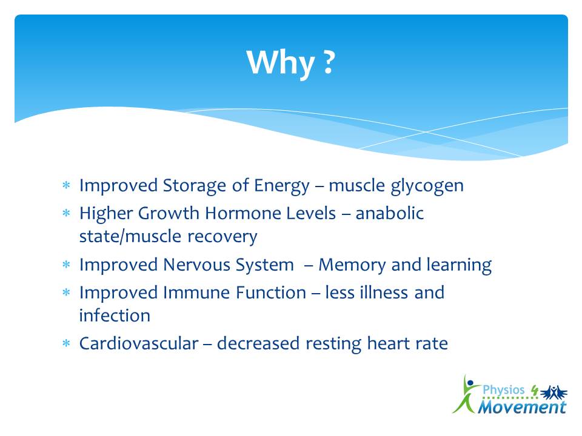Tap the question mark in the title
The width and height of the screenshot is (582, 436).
coord(329,62)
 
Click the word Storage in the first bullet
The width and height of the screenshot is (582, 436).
coord(194,186)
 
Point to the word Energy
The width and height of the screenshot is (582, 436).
coord(281,186)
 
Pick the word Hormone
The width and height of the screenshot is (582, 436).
coord(270,213)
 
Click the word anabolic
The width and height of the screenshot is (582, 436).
coord(390,213)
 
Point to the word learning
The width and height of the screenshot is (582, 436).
coord(459,265)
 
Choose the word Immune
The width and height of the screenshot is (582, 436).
coord(196,292)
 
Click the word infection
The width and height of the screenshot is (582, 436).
coord(115,315)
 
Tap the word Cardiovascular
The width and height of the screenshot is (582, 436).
coord(139,343)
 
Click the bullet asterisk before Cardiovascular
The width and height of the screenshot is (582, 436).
coord(66,343)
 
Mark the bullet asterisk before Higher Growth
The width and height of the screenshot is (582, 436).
coord(66,213)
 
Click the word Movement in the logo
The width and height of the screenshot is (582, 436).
coord(522,407)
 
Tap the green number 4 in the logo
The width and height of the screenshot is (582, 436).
coord(535,390)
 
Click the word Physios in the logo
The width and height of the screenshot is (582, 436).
coord(503,391)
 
